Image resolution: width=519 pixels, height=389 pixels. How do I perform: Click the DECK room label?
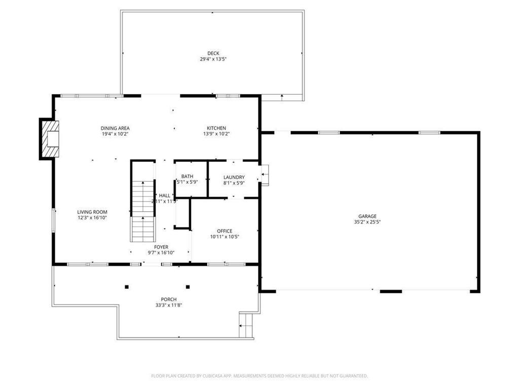click(x=213, y=53)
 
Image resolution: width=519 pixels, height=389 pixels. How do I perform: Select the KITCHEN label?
click(x=216, y=128)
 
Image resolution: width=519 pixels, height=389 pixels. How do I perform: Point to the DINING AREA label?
click(x=115, y=128)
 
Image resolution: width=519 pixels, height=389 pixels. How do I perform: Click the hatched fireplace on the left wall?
click(x=50, y=139)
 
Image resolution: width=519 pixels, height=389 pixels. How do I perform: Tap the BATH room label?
click(x=187, y=176)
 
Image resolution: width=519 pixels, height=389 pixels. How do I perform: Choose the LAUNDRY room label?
click(x=234, y=177)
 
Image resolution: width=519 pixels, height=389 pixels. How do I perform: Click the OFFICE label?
click(x=225, y=231)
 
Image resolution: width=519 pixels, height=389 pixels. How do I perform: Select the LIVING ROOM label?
click(x=92, y=212)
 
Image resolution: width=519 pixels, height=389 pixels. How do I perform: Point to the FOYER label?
click(x=161, y=247)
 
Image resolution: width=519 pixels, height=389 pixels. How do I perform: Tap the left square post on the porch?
click(x=127, y=287)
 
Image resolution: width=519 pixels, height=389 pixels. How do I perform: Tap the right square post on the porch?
click(x=188, y=287)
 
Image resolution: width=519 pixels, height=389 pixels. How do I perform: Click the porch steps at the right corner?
click(x=246, y=324)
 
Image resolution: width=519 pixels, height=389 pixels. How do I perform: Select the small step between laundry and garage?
click(x=265, y=175)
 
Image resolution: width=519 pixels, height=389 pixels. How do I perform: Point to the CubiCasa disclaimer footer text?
click(x=259, y=376)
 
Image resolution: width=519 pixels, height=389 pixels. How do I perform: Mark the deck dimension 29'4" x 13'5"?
click(x=213, y=59)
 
